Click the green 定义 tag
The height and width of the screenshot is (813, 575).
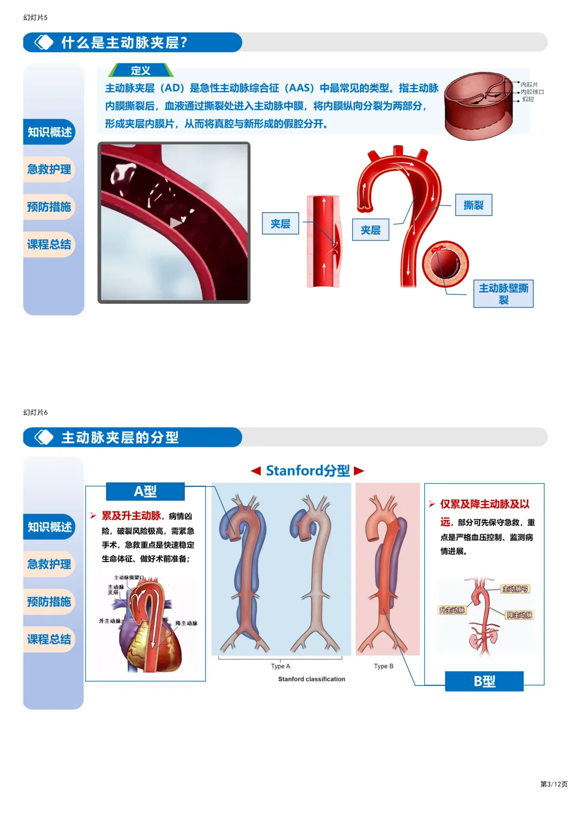click(141, 71)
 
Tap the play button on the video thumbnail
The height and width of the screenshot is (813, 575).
click(176, 223)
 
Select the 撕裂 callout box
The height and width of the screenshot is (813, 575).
click(473, 205)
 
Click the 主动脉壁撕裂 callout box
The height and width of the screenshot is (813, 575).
click(503, 294)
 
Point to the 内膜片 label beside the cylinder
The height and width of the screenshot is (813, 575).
click(529, 85)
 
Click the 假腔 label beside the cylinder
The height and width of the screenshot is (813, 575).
click(528, 99)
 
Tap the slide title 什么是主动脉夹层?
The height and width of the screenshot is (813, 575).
click(124, 43)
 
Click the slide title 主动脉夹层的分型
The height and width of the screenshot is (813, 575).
click(120, 437)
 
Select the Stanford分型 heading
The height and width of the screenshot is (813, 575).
click(308, 470)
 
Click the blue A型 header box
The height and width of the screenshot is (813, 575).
click(145, 492)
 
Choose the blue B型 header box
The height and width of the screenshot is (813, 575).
click(484, 681)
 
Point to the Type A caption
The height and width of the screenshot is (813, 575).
click(281, 666)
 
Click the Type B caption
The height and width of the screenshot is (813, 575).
click(383, 666)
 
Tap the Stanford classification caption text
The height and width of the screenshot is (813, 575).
click(311, 679)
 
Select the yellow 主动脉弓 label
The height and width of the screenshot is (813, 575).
click(515, 589)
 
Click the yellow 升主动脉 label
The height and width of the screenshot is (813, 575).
click(452, 610)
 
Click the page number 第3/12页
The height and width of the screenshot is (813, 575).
click(554, 784)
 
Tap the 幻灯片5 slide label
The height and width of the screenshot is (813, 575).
click(35, 18)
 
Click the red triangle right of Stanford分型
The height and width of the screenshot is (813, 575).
click(359, 470)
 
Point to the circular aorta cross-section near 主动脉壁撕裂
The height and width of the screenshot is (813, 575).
click(446, 264)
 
